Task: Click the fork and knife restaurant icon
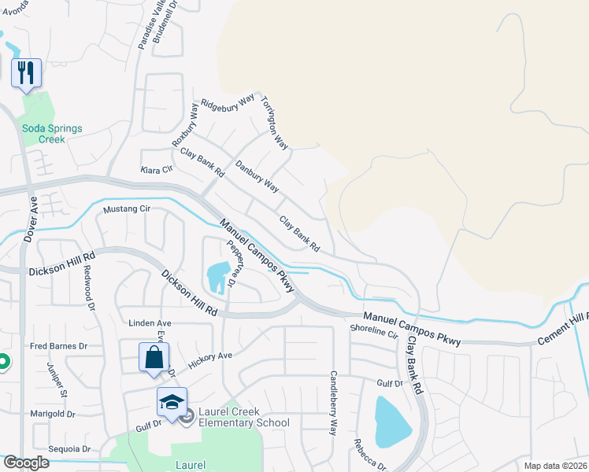click(x=26, y=73)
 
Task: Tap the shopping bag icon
click(x=154, y=357)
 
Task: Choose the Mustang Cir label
click(x=126, y=210)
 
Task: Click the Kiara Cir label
click(x=155, y=170)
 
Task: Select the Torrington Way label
click(x=275, y=123)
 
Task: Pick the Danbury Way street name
click(x=257, y=176)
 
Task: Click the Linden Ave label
click(x=150, y=323)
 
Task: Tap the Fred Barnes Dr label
click(x=58, y=346)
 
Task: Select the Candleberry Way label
click(x=333, y=404)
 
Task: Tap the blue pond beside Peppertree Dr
click(x=215, y=276)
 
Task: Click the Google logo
click(x=26, y=463)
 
